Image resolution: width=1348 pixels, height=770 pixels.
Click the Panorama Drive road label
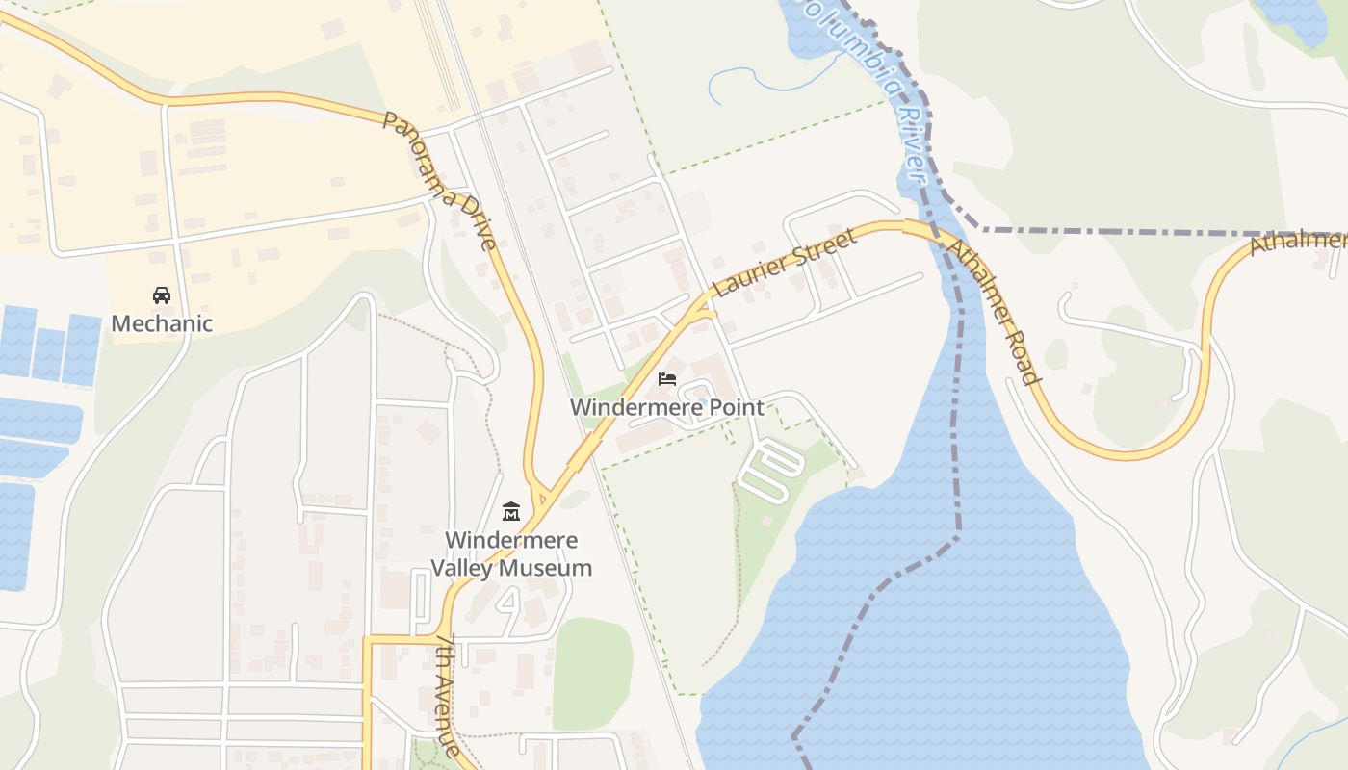pos(439,180)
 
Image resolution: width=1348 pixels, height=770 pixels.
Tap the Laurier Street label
pos(784,263)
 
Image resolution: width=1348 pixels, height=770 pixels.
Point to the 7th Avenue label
pos(449,693)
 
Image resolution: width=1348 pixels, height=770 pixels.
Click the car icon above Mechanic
pos(162,295)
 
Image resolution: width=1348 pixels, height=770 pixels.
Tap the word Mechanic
pos(162,323)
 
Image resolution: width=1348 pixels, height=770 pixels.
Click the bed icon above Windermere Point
pos(667,379)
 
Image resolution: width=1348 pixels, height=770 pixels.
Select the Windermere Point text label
pos(667,407)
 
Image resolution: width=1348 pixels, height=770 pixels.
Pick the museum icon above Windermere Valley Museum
pos(511,511)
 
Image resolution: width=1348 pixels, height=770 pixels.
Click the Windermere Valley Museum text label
pos(511,553)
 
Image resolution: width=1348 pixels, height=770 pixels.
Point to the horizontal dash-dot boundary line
pos(1155,233)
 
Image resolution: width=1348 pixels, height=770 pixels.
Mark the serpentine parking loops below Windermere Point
pos(771,469)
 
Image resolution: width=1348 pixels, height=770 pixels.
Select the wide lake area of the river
pos(963,626)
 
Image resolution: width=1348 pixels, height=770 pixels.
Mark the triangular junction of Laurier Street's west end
pos(704,309)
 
